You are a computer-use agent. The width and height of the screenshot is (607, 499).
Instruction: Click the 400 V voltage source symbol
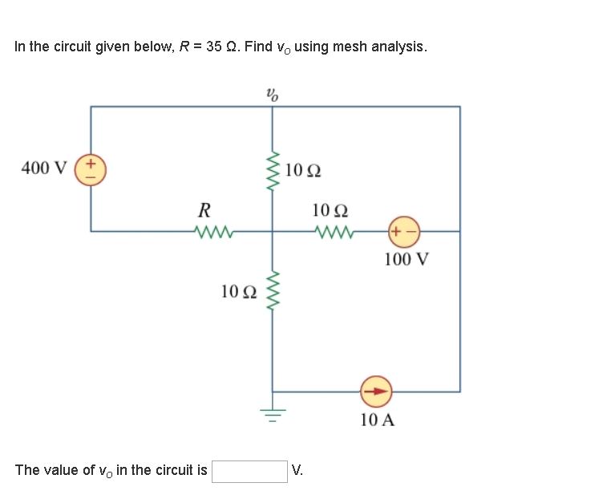click(90, 168)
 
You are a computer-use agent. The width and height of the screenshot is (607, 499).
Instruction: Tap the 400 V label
click(45, 168)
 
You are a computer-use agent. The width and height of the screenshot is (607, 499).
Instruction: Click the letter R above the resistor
click(204, 211)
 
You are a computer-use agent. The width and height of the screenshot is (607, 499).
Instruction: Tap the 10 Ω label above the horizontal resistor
click(330, 211)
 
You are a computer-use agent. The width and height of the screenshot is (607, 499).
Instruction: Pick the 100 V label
click(406, 259)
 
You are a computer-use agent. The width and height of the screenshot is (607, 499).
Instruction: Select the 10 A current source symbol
click(376, 391)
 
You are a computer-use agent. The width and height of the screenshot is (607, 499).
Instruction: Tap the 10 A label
click(377, 420)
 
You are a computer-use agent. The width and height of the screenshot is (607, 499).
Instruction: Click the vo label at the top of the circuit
click(273, 94)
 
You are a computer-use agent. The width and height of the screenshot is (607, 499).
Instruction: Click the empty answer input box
click(249, 471)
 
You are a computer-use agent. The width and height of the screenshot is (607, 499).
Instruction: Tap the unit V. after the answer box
click(297, 471)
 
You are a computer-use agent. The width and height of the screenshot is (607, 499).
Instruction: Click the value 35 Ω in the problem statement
click(221, 47)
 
